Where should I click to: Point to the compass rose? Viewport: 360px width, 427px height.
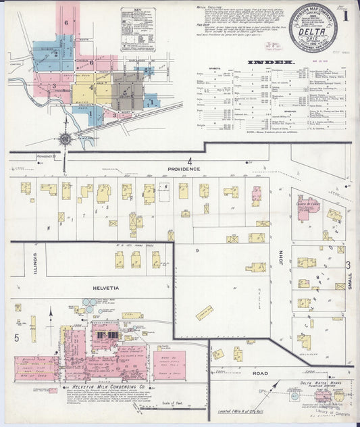pos(66,139)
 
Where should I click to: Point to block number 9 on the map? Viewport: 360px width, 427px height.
pos(197,250)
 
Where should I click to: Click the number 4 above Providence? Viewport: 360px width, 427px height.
pos(190,161)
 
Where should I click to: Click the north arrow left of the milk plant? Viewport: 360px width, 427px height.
pos(50,315)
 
